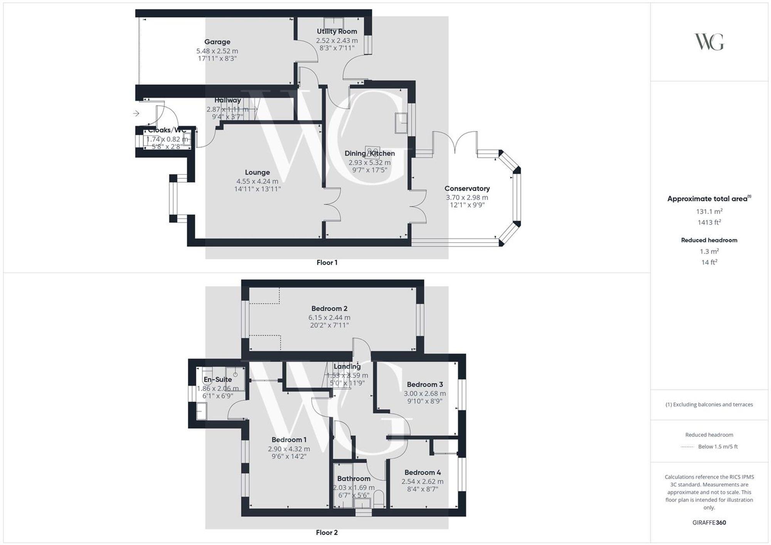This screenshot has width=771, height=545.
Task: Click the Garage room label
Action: tap(217, 42)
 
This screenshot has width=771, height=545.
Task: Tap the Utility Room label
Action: tap(337, 31)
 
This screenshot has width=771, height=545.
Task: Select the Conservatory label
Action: tap(467, 188)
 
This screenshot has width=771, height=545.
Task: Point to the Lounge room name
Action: tap(257, 172)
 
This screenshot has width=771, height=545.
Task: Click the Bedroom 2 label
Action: tap(329, 309)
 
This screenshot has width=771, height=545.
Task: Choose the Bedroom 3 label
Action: tap(424, 384)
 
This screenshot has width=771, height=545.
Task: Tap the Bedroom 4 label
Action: tap(422, 473)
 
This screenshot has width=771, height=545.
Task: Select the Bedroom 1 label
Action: tap(289, 440)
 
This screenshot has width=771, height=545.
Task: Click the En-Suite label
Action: tap(218, 379)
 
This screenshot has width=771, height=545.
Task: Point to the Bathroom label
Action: tap(354, 478)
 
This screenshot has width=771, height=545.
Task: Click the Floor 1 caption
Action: tap(327, 263)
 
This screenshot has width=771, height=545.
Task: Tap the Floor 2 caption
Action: tap(327, 533)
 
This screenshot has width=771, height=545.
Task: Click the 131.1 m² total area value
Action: tap(709, 211)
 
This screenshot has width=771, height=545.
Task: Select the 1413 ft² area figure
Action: tap(709, 222)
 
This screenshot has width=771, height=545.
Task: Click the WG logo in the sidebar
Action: tap(709, 42)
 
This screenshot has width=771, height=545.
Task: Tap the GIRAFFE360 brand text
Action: tap(709, 523)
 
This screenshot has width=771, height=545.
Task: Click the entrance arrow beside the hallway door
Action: tap(136, 113)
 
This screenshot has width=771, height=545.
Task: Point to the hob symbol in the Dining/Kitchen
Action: tap(372, 151)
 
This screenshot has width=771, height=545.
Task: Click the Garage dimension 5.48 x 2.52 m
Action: tap(217, 51)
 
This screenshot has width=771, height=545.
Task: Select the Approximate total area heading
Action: tap(709, 199)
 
